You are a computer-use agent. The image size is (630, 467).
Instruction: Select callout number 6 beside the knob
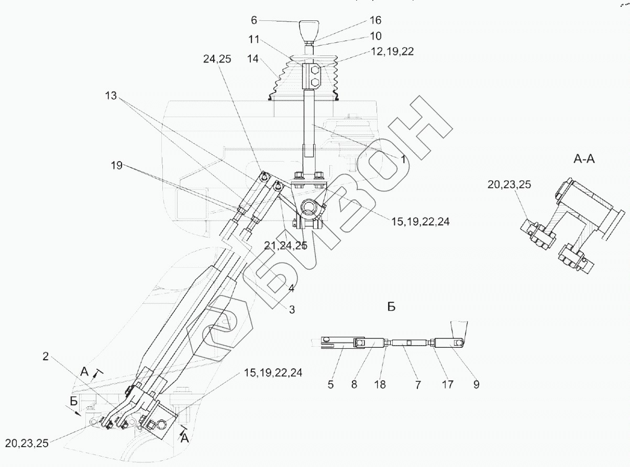[254, 20]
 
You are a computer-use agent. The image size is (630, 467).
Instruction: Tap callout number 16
[375, 20]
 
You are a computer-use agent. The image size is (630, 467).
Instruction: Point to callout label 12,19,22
[392, 51]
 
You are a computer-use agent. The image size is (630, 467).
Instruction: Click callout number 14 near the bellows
[253, 59]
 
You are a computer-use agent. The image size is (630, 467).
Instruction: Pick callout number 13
[111, 96]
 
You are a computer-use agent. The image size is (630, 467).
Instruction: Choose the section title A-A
[584, 159]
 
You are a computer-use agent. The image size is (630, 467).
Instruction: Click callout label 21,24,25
[286, 246]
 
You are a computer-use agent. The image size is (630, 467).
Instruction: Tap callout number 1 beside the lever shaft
[403, 160]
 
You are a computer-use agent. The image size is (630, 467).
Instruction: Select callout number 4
[291, 288]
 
